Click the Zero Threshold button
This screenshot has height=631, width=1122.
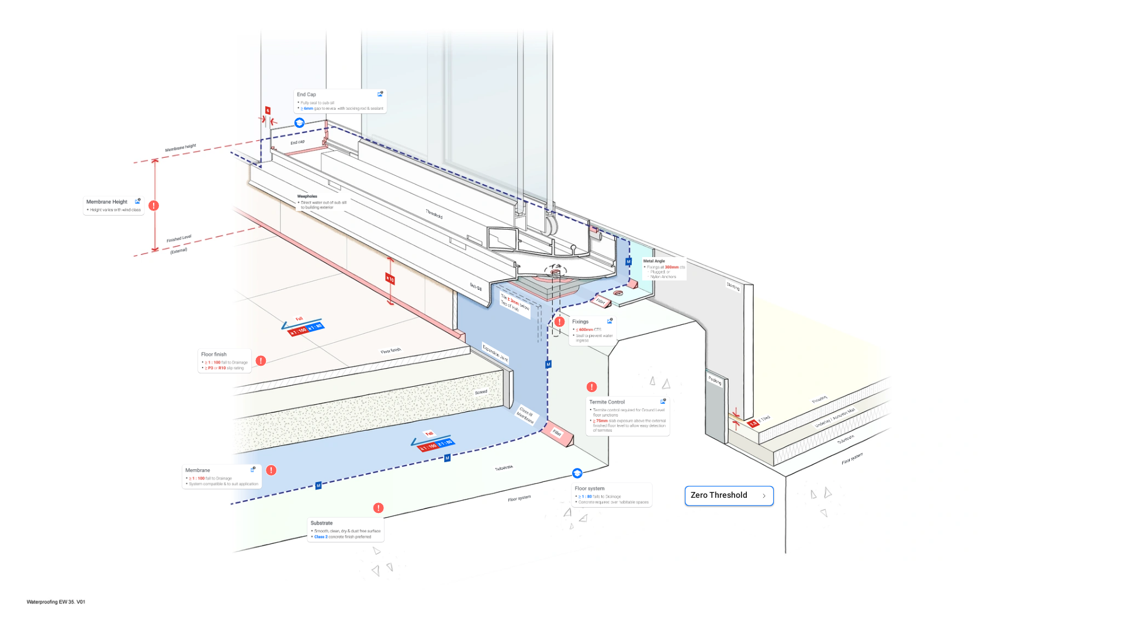[729, 495]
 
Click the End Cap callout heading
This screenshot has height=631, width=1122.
[306, 95]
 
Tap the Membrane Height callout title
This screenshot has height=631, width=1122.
[107, 202]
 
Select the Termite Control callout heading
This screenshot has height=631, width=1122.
[607, 402]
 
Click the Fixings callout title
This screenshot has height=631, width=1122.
[580, 322]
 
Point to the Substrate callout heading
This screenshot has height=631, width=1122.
[321, 523]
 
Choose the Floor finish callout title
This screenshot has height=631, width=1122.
[214, 355]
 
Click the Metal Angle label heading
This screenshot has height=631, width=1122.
[654, 261]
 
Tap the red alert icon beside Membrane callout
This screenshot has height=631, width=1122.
[271, 470]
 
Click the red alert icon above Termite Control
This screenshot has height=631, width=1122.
[591, 387]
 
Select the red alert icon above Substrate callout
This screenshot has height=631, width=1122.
[379, 508]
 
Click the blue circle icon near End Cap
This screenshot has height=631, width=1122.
[299, 123]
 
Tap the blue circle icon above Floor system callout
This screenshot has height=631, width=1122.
[577, 473]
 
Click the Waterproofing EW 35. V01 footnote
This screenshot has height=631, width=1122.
[56, 602]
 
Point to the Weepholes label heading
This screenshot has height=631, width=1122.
[307, 196]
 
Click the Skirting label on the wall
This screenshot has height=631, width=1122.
[733, 286]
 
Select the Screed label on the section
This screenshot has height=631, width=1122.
[481, 392]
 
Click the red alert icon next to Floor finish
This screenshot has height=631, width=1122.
[261, 361]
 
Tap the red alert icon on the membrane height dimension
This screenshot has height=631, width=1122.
[154, 206]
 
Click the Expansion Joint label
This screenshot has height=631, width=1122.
[495, 353]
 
